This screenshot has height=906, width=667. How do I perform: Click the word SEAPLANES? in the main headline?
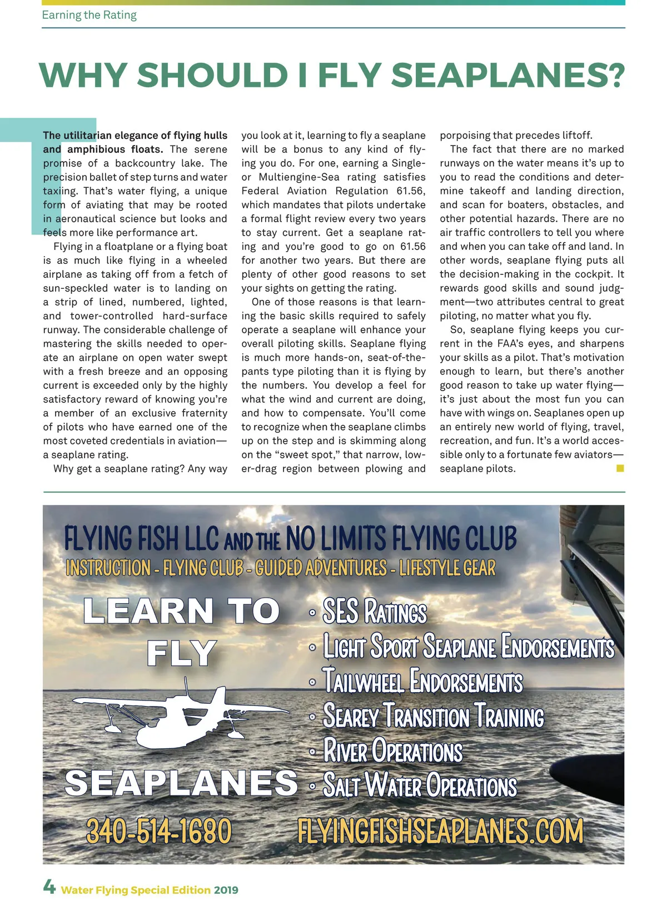coord(511,75)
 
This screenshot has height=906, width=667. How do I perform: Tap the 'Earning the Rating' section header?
coord(89,15)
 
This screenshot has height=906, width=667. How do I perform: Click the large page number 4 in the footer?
coord(49,887)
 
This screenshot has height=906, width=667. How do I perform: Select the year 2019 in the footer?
coord(226,890)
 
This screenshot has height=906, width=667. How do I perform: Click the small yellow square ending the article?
coord(620,468)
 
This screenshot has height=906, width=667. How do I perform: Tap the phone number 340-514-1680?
coord(158,831)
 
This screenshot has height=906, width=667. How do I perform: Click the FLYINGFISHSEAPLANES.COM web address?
coord(440,832)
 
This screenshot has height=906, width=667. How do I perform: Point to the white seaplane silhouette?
coord(189,717)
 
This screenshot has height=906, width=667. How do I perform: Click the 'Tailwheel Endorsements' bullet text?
coord(422,682)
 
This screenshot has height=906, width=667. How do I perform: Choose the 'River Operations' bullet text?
coord(392,751)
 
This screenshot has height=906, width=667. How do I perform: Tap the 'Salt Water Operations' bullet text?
coord(420,786)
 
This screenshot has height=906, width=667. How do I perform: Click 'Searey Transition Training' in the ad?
coord(433,716)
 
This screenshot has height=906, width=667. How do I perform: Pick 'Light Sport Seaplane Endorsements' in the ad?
coord(469,647)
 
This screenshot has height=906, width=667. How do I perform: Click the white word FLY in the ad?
coord(182,653)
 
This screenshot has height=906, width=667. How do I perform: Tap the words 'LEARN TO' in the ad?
coord(181,611)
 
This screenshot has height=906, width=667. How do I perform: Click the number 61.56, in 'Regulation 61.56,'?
coord(411,191)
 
